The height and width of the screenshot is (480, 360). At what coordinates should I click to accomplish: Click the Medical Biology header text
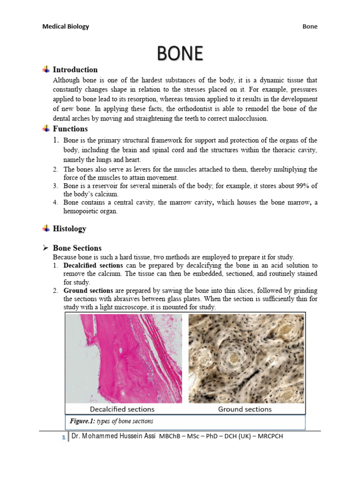point(66,27)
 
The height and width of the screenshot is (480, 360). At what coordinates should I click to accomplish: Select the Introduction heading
point(75,70)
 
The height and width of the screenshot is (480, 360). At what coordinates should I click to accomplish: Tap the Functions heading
point(70,129)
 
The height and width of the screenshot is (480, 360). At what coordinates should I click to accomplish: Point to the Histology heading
point(69,229)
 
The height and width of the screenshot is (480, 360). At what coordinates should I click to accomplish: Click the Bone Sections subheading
point(77,248)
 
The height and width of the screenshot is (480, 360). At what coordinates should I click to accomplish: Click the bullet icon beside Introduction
point(46,70)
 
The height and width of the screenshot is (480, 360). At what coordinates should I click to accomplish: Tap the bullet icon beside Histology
point(46,229)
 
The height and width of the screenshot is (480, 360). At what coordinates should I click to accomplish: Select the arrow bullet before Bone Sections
point(46,248)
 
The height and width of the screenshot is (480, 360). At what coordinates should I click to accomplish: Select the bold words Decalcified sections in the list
point(93,265)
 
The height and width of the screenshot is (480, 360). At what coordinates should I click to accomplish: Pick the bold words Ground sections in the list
point(88,291)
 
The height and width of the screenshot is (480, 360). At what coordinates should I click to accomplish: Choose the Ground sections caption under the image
point(245,409)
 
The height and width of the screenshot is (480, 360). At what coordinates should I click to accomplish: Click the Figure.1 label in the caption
point(82,421)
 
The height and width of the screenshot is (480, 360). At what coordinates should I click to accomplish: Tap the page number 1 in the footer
point(63,437)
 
